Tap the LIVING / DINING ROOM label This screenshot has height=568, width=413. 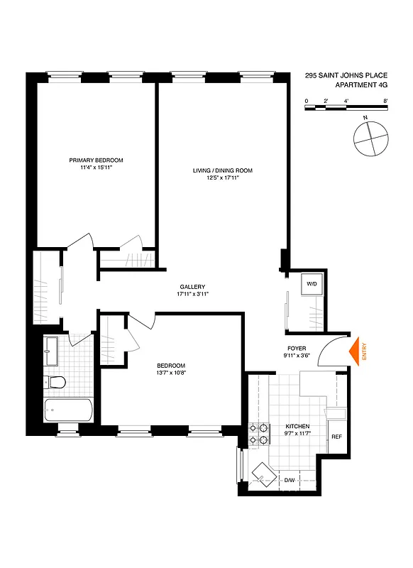pyautogui.click(x=222, y=170)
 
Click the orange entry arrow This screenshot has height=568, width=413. pyautogui.click(x=357, y=350)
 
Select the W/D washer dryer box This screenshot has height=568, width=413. pyautogui.click(x=311, y=285)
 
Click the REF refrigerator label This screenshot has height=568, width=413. pyautogui.click(x=336, y=437)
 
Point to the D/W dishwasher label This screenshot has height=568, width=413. pyautogui.click(x=290, y=481)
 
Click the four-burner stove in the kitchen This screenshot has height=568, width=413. pyautogui.click(x=259, y=433)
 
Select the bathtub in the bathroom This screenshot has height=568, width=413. pyautogui.click(x=68, y=410)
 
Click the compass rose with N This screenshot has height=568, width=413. pyautogui.click(x=371, y=137)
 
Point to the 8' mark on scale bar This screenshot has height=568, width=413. pyautogui.click(x=385, y=102)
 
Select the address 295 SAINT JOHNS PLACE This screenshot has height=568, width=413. pyautogui.click(x=346, y=74)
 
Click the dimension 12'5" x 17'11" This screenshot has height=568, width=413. pyautogui.click(x=222, y=179)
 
